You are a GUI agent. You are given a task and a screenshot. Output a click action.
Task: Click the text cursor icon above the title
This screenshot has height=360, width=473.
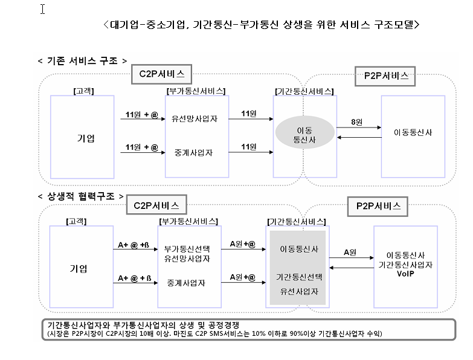click(42, 9)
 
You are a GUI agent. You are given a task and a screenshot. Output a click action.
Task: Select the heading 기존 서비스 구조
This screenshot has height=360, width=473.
click(82, 61)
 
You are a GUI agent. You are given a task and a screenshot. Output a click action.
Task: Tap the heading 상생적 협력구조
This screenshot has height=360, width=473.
click(81, 196)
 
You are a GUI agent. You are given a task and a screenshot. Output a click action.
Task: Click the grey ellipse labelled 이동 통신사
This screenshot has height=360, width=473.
click(304, 132)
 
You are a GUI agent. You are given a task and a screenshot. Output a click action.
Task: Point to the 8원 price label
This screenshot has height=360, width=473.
click(356, 122)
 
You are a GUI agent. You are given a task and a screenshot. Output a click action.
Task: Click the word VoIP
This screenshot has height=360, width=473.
click(405, 274)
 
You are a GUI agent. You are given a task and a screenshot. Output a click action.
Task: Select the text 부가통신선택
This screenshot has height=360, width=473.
click(187, 249)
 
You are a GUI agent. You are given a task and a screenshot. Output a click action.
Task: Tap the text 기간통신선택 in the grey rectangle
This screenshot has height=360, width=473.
click(299, 277)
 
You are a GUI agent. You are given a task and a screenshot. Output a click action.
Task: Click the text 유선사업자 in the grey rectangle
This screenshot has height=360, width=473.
click(299, 292)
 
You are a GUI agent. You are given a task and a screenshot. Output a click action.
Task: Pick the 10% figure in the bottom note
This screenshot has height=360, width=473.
click(259, 334)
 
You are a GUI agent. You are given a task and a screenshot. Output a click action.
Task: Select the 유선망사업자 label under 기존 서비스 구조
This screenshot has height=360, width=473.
click(195, 119)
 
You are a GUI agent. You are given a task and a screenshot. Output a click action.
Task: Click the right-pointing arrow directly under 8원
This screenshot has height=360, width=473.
click(359, 127)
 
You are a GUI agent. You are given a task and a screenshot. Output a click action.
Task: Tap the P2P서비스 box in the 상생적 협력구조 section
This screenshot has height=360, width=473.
click(378, 207)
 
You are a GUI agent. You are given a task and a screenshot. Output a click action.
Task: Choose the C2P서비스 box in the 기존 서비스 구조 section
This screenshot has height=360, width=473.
click(162, 74)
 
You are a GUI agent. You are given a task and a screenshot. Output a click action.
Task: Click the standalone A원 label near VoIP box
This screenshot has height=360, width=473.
click(350, 252)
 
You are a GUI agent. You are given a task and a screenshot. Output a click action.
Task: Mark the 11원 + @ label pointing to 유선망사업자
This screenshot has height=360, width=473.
click(142, 115)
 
